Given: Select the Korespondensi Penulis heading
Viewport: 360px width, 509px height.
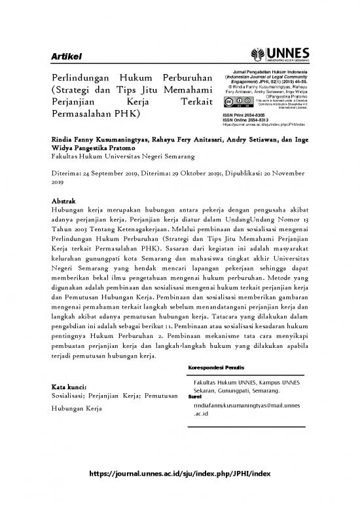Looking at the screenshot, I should (216, 369).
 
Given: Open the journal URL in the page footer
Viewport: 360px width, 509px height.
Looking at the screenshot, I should (179, 474).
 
